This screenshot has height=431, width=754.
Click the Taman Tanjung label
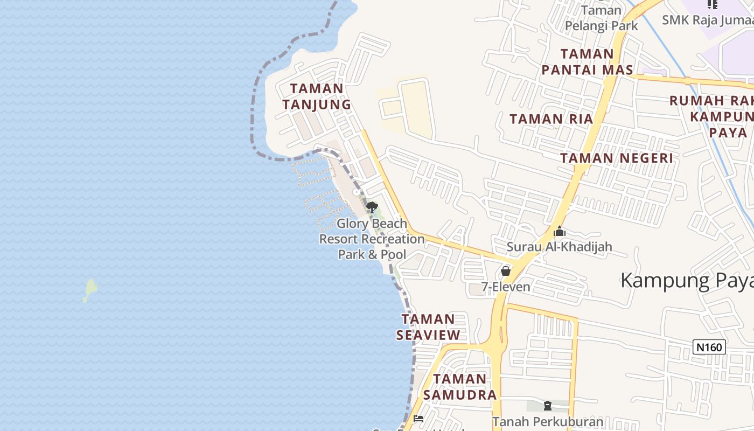[x=317, y=96]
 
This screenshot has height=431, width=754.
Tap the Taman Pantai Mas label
[x=587, y=62]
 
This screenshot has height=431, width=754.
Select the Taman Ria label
[x=551, y=119]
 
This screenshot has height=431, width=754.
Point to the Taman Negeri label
[x=617, y=158]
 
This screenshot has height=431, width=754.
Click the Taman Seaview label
[x=429, y=327]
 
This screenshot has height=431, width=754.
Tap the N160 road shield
[x=709, y=347]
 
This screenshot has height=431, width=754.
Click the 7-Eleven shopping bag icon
[x=505, y=270]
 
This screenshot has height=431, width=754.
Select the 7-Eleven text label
[x=506, y=287]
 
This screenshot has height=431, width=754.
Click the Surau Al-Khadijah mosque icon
[x=560, y=232]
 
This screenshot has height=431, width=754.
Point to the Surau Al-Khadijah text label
[x=560, y=247]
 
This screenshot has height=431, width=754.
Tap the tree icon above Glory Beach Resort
[x=371, y=207]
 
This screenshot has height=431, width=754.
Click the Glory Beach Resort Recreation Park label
[x=372, y=239]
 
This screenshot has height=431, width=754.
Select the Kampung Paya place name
[x=687, y=281]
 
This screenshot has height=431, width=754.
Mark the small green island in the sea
[x=90, y=290]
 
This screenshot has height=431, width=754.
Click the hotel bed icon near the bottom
[x=418, y=419]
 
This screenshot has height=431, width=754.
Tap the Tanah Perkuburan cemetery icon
[x=548, y=406]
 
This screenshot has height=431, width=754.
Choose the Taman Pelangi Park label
[x=601, y=18]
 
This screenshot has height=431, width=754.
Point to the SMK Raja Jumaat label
[x=707, y=20]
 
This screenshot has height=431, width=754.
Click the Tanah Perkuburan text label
[x=548, y=421]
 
